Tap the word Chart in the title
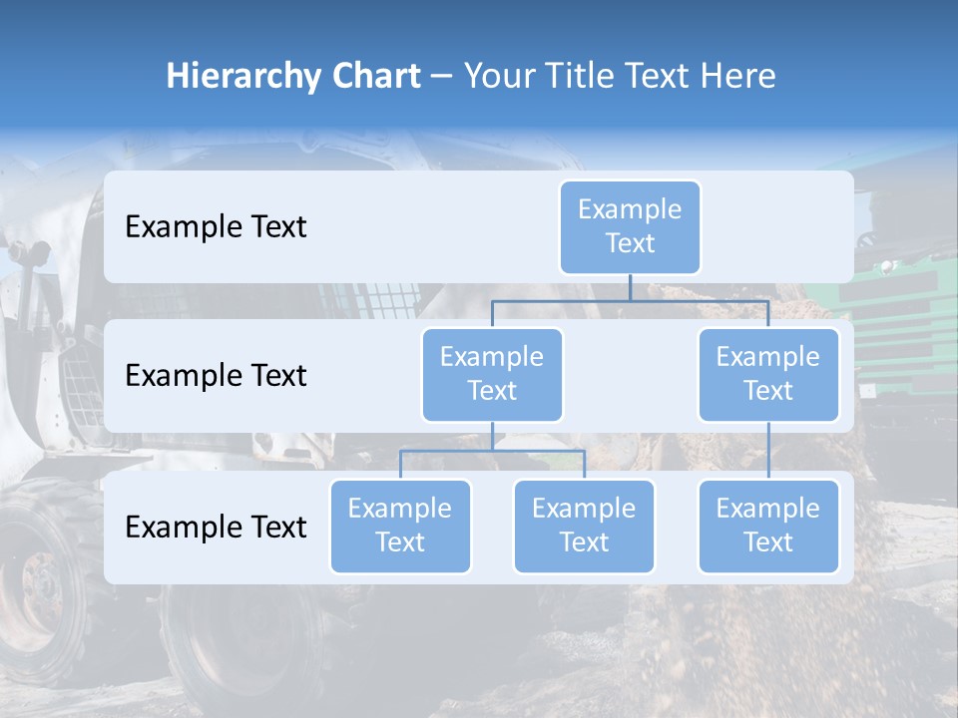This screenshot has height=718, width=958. (x=372, y=77)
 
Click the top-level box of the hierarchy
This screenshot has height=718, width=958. (x=630, y=227)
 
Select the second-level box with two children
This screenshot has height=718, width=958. (x=492, y=375)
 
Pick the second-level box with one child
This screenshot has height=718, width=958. (x=768, y=375)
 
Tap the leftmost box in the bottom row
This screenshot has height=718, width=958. (x=400, y=527)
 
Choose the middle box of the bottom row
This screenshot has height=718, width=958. (x=584, y=527)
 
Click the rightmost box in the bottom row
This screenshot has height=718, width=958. (x=768, y=527)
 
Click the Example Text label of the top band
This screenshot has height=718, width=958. (x=216, y=227)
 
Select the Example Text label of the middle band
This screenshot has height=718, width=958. (x=216, y=376)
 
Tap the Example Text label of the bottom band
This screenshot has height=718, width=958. (x=216, y=528)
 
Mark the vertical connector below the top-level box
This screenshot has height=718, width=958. (x=630, y=287)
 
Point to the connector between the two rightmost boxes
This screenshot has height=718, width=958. (x=768, y=451)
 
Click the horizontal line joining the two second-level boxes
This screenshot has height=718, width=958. (x=630, y=300)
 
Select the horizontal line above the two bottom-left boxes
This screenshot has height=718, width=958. (x=492, y=451)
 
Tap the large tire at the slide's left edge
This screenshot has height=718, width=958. (x=35, y=588)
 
